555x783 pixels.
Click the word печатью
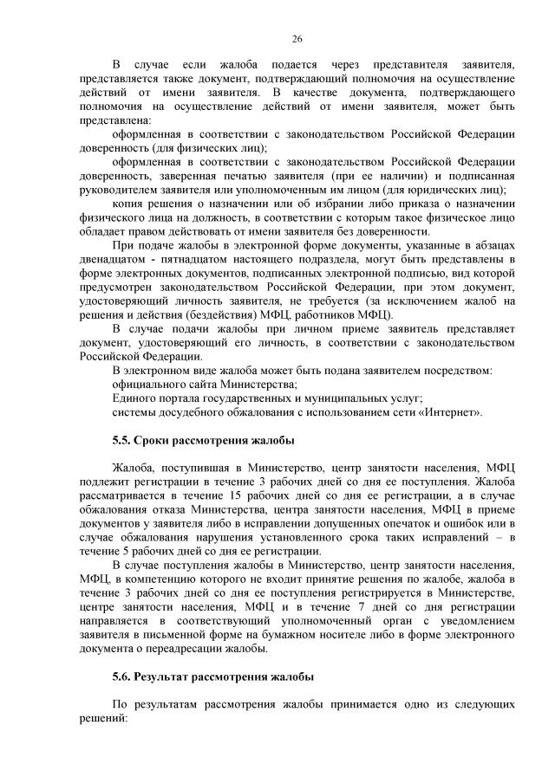pos(209,176)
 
